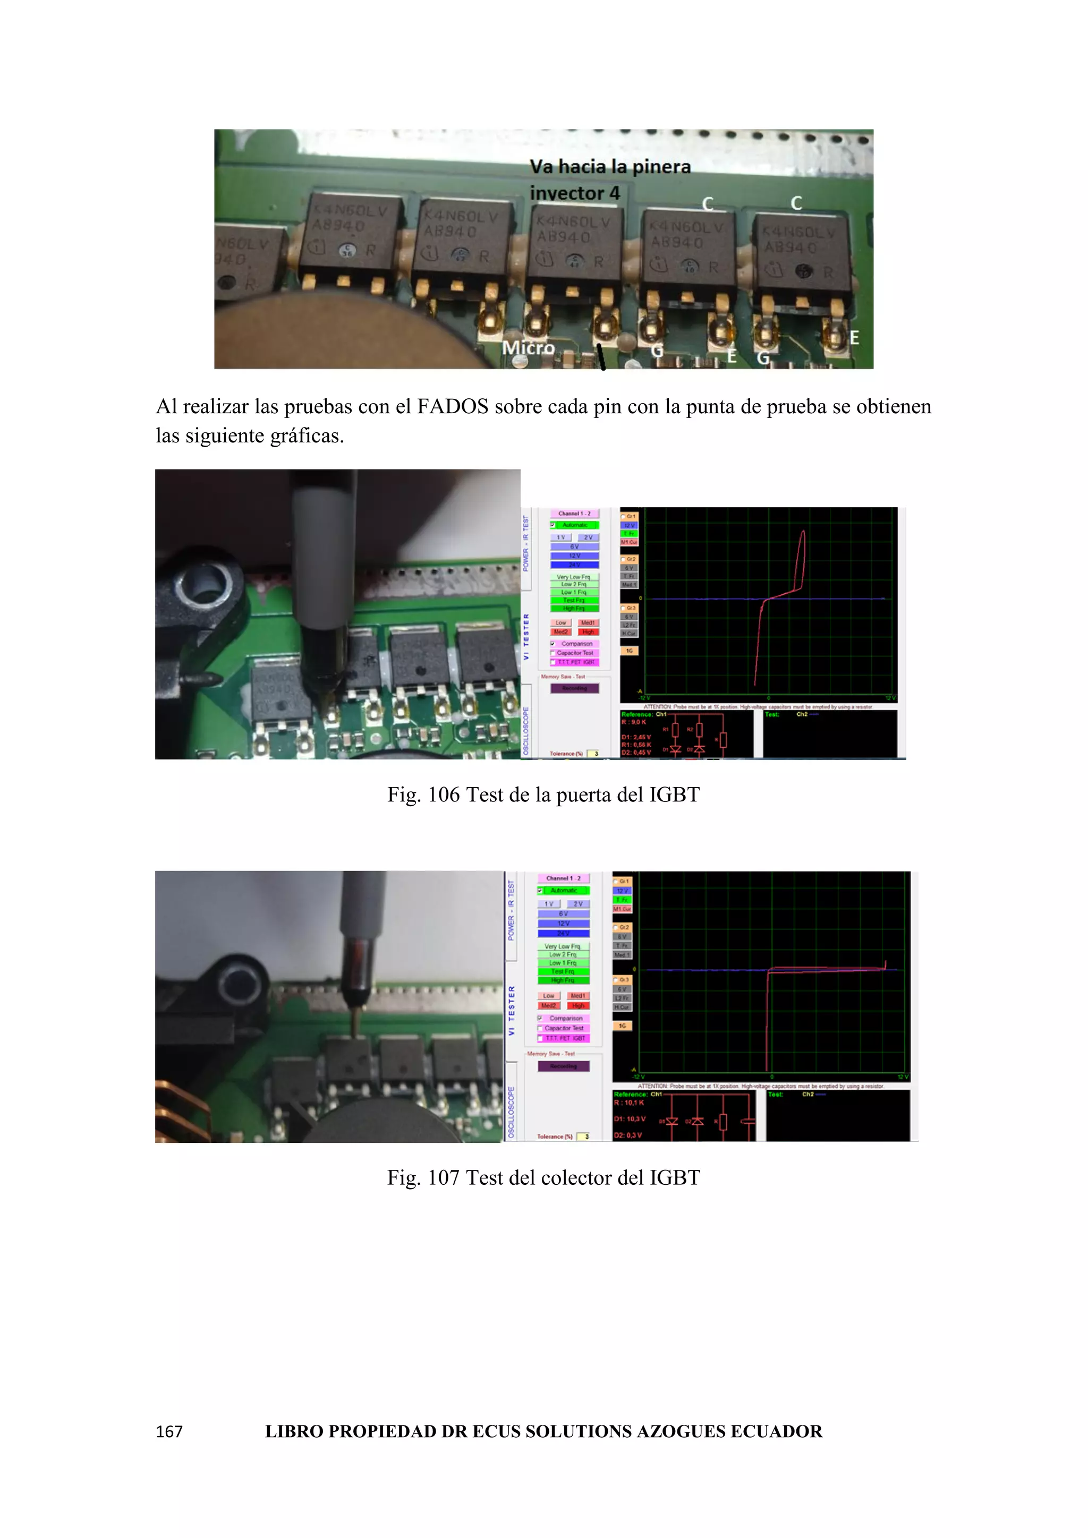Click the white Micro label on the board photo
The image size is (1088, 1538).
point(528,348)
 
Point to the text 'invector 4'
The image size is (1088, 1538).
point(575,193)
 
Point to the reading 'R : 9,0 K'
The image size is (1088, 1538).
point(633,722)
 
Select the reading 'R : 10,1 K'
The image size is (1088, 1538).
point(628,1103)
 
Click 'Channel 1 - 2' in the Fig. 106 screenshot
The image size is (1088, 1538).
point(574,514)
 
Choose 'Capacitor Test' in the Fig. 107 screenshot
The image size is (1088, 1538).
point(564,1028)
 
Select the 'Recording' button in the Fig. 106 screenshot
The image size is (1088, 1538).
point(574,688)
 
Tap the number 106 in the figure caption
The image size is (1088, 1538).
point(444,795)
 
